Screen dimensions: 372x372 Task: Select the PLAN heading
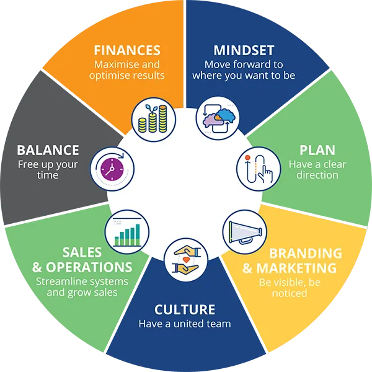tap(317, 150)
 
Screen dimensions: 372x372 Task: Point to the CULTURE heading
tap(185, 309)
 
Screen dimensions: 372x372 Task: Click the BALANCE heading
tap(48, 150)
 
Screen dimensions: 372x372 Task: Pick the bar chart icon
tap(127, 229)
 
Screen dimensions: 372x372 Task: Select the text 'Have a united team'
tap(185, 324)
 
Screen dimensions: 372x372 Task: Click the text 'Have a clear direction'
tap(317, 170)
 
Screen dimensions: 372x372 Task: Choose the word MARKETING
tap(296, 268)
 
